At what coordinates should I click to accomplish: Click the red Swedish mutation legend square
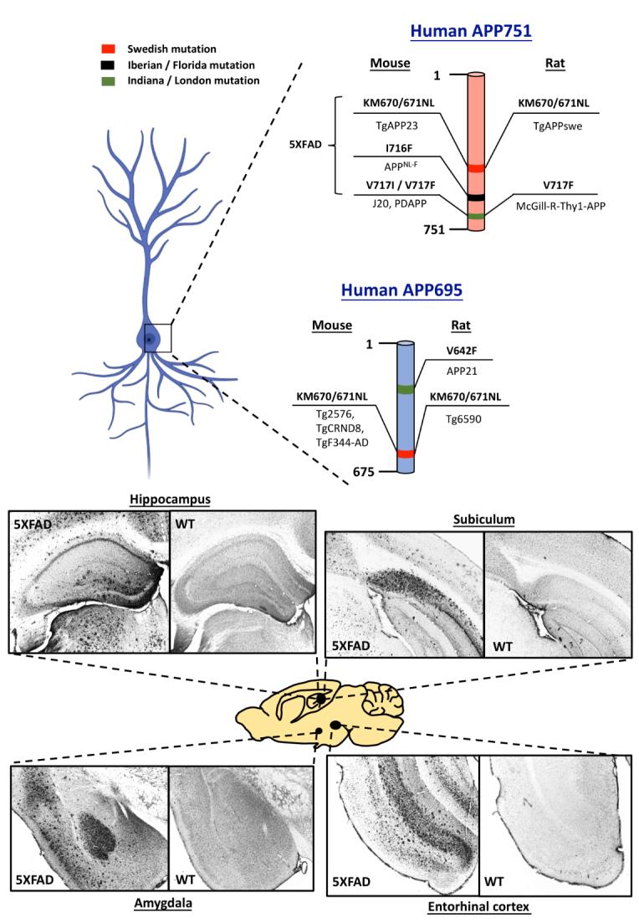pos(130,49)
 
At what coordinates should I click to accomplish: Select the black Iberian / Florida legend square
pos(130,64)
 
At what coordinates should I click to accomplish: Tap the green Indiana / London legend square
pos(130,80)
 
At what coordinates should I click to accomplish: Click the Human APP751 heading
pos(473,30)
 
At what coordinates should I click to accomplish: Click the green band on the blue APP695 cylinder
pos(405,389)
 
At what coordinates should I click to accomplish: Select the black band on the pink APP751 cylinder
pos(475,197)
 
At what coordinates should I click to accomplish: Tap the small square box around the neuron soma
pos(157,338)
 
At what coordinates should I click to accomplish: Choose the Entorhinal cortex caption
pos(478,905)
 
